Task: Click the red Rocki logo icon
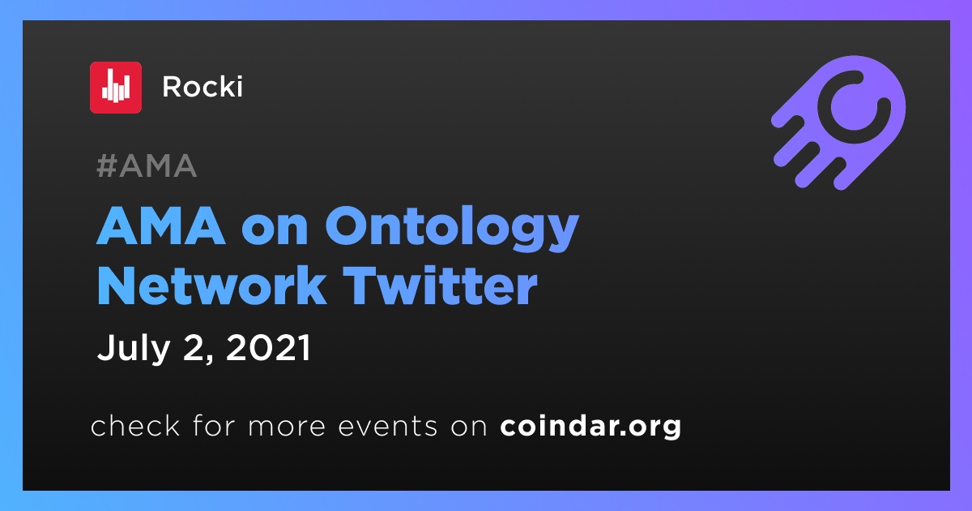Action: pos(115,88)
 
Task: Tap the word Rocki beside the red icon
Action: pos(202,87)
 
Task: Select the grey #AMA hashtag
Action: pos(147,166)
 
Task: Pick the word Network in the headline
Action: pos(211,286)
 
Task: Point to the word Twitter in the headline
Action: pos(441,286)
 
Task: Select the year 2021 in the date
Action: pos(268,348)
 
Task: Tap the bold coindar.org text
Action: pos(590,427)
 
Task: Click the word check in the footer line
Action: pos(135,425)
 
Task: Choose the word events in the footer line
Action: pos(387,427)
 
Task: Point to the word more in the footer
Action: pos(287,427)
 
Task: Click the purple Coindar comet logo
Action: pos(838,122)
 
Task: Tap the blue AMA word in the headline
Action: pos(161,226)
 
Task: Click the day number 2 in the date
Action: pos(194,348)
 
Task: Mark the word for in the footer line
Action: pos(214,425)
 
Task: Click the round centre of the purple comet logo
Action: pos(854,107)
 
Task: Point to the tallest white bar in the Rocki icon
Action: pos(115,86)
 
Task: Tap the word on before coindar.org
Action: pos(469,427)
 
